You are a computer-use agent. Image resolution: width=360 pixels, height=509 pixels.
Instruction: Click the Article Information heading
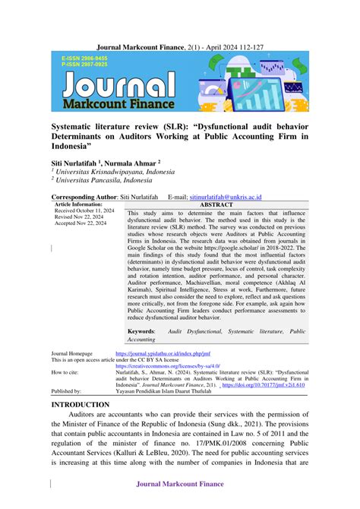(x=78, y=204)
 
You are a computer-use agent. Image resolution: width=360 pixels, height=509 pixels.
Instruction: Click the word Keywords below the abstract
(x=141, y=332)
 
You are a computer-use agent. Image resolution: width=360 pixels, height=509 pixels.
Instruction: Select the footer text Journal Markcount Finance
(x=180, y=484)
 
